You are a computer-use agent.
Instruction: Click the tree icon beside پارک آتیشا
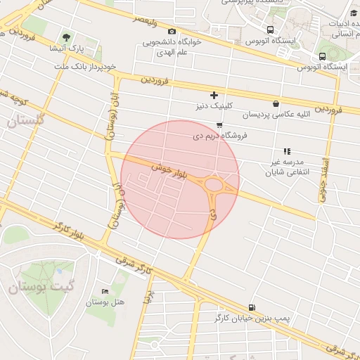(67, 37)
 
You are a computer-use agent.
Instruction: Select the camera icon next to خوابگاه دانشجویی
(172, 31)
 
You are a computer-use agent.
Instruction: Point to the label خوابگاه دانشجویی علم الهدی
(172, 47)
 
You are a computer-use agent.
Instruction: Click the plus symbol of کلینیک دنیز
(214, 95)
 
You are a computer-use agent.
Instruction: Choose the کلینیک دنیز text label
(214, 106)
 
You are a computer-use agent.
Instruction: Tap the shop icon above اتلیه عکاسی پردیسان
(276, 103)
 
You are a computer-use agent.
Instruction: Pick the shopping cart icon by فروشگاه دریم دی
(219, 125)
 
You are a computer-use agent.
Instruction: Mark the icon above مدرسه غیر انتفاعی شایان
(286, 151)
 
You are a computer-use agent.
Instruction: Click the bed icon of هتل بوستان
(105, 292)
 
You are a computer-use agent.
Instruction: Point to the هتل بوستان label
(105, 302)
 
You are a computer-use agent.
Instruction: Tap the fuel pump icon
(252, 307)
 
